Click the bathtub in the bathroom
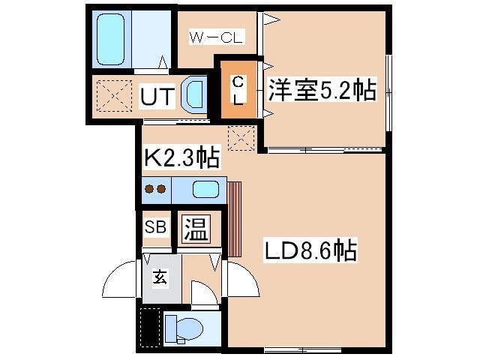(110, 39)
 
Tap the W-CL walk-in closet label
(217, 37)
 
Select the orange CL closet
(238, 89)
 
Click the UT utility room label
(157, 96)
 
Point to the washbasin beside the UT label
(192, 95)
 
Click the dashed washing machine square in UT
(114, 96)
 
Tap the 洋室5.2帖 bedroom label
(322, 90)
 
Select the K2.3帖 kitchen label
(181, 157)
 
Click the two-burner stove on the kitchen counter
(155, 189)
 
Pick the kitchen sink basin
(205, 189)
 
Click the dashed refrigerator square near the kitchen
(241, 138)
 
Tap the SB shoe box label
(155, 227)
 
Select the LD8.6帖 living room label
(310, 250)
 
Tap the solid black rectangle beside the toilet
(150, 328)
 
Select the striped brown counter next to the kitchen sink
(235, 219)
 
